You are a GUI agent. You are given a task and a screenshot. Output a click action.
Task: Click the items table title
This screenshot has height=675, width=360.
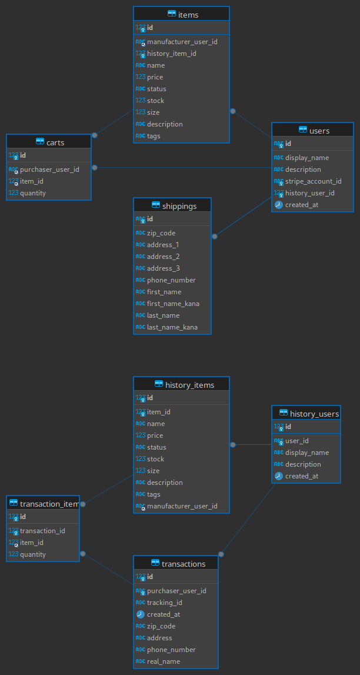(x=188, y=15)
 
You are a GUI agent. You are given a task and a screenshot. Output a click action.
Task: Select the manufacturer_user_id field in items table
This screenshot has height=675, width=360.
(x=182, y=42)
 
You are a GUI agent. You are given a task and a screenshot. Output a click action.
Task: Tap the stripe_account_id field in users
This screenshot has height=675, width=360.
(x=313, y=181)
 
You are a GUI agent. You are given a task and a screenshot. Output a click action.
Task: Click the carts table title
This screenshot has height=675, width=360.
(x=55, y=142)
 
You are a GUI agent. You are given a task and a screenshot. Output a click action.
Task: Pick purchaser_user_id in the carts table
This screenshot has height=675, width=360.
(x=49, y=169)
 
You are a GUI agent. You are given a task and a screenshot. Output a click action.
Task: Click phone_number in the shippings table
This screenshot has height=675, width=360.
(x=171, y=280)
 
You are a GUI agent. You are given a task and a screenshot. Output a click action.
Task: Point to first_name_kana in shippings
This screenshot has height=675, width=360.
(x=173, y=304)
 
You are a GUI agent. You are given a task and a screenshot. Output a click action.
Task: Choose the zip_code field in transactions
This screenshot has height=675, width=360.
(x=161, y=626)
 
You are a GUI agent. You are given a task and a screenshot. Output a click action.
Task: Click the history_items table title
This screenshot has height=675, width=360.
(x=189, y=385)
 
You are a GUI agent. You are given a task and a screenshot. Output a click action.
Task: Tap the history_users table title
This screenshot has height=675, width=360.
(x=314, y=414)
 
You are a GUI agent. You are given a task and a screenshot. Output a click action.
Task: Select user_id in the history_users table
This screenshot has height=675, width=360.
(x=296, y=441)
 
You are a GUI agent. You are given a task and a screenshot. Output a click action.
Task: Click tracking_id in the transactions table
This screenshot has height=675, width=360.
(x=164, y=603)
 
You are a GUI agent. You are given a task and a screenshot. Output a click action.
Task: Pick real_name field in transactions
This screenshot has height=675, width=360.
(x=163, y=661)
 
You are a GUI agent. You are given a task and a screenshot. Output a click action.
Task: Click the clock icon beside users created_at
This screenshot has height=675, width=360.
(x=279, y=205)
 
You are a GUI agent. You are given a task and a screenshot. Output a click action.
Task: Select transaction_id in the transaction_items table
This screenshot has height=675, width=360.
(x=42, y=531)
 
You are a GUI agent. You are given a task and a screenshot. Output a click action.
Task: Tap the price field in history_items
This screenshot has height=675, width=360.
(x=155, y=435)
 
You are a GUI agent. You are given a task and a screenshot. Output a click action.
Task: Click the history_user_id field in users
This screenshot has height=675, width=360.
(x=309, y=193)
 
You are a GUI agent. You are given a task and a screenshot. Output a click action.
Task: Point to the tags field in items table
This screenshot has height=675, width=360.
(x=154, y=136)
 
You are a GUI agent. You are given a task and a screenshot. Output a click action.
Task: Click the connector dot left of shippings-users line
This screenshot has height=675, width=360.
(x=215, y=236)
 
